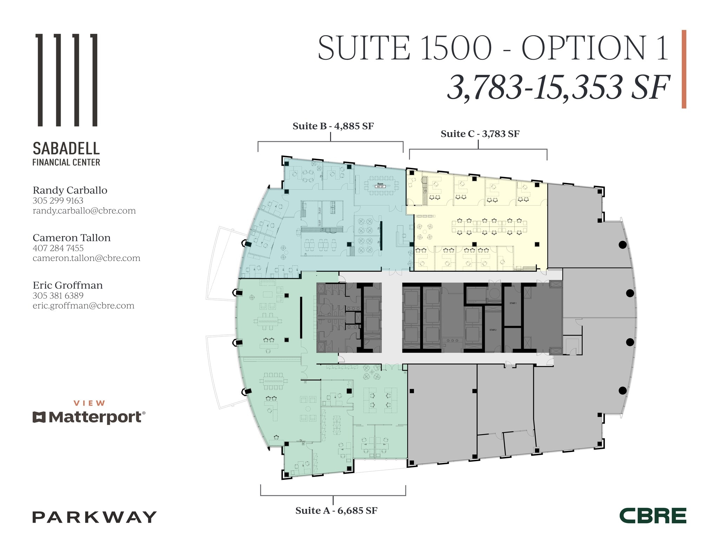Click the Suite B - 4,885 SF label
pyautogui.click(x=333, y=126)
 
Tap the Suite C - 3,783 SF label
pyautogui.click(x=480, y=134)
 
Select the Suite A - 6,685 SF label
pyautogui.click(x=336, y=511)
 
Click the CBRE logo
pyautogui.click(x=653, y=516)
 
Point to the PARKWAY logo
pyautogui.click(x=94, y=517)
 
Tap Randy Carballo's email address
pyautogui.click(x=84, y=211)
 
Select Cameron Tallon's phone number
pyautogui.click(x=58, y=248)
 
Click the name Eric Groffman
pyautogui.click(x=68, y=285)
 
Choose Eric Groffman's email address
pyautogui.click(x=84, y=306)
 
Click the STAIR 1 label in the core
pyautogui.click(x=513, y=303)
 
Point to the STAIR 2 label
pyautogui.click(x=493, y=330)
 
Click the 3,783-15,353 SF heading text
pyautogui.click(x=558, y=88)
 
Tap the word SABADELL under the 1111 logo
pyautogui.click(x=66, y=149)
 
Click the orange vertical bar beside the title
pyautogui.click(x=684, y=69)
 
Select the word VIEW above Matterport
pyautogui.click(x=89, y=403)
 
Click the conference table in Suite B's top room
pyautogui.click(x=381, y=185)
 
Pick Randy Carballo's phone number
pyautogui.click(x=58, y=201)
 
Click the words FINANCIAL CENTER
pyautogui.click(x=66, y=162)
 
